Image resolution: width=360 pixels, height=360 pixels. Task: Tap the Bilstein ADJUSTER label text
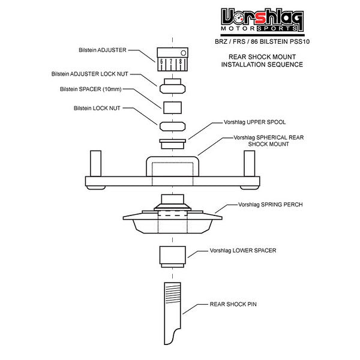[x=107, y=50]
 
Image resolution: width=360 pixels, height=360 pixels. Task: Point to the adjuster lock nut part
[x=173, y=88]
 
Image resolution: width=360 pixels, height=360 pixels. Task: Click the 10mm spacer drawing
[x=173, y=107]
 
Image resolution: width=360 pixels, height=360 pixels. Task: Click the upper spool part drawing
[x=173, y=144]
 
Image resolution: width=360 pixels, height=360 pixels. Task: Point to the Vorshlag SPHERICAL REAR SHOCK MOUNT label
[x=263, y=140]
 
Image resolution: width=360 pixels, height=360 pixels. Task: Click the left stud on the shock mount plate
[x=95, y=163]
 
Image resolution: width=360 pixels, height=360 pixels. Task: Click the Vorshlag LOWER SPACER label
[x=243, y=250]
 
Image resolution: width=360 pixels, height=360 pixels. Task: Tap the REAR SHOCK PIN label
[x=233, y=304]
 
